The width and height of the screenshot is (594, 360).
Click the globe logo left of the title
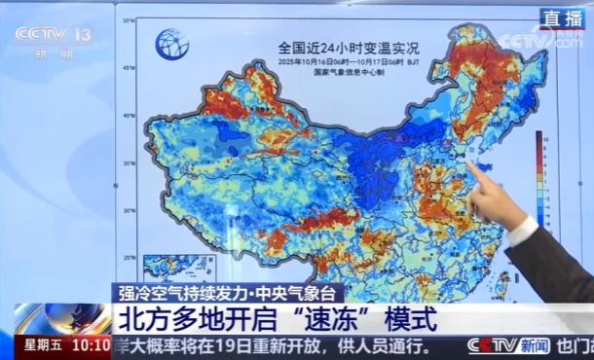172,43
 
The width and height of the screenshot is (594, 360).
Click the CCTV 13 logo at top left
55,38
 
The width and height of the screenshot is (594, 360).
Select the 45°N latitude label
127,68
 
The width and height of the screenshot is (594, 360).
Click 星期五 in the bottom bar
44,345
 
